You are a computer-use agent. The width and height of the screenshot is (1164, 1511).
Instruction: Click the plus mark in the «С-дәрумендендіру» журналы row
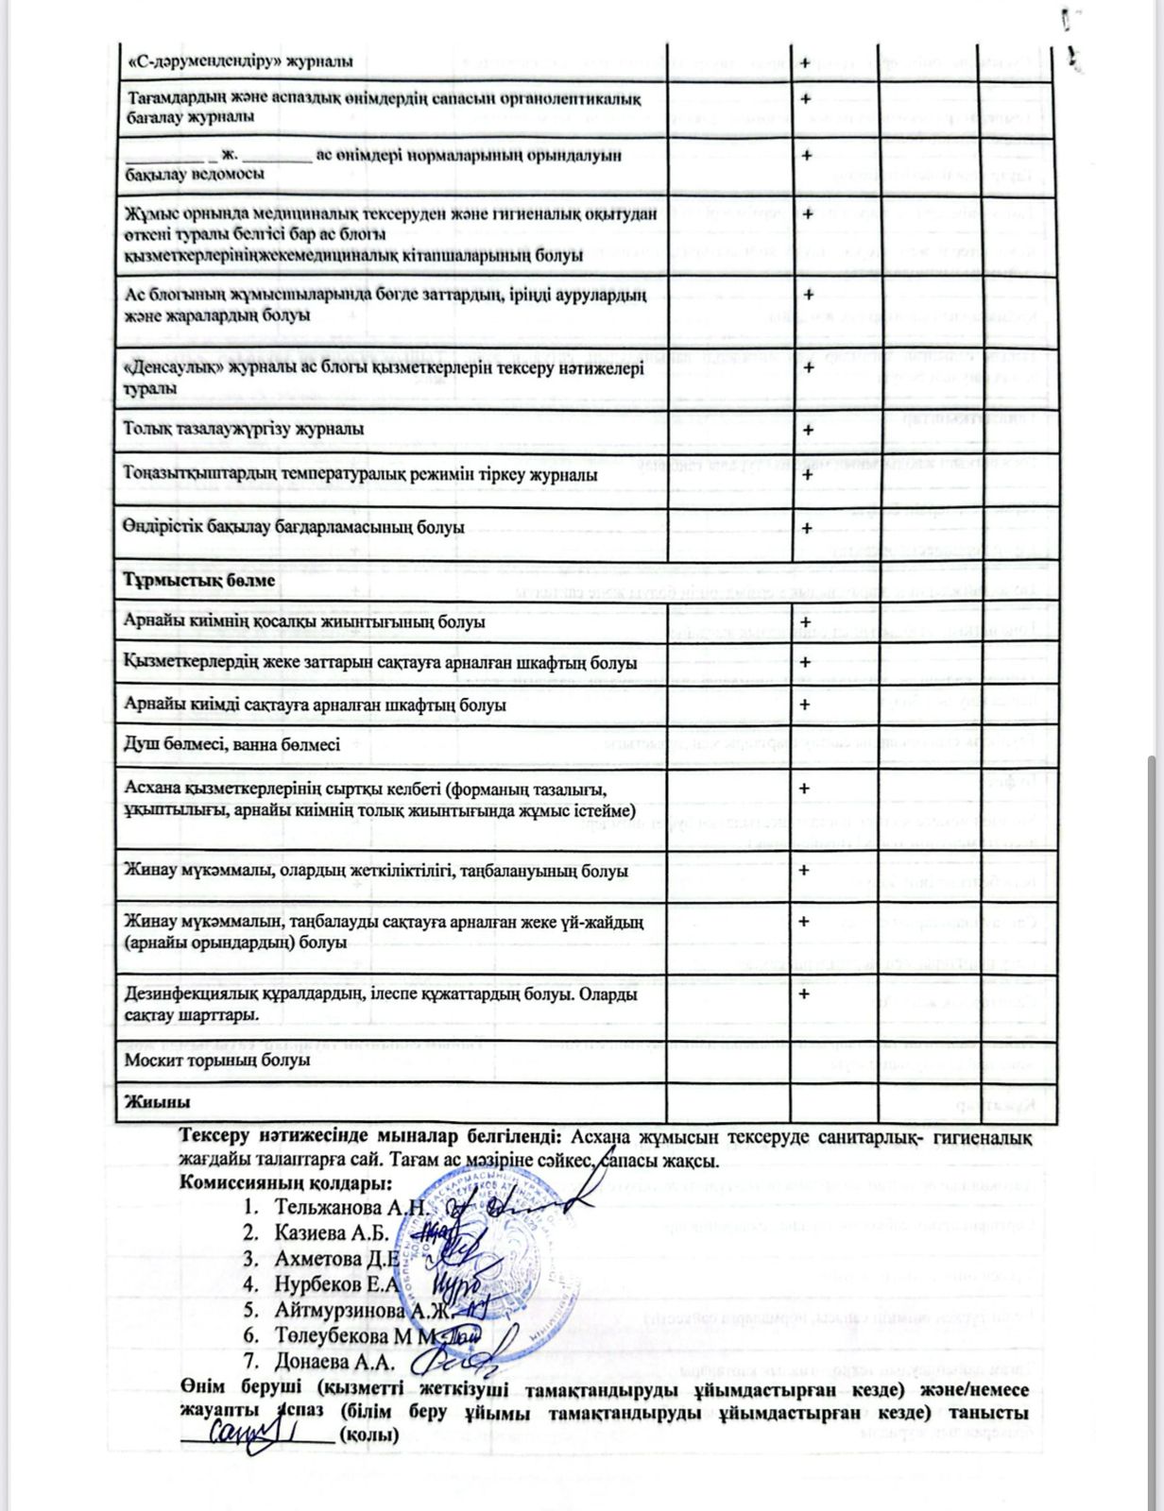coord(805,62)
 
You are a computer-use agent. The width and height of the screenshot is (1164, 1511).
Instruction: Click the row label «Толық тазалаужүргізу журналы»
coord(244,429)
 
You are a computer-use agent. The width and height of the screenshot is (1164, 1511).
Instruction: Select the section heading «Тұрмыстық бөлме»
coord(199,580)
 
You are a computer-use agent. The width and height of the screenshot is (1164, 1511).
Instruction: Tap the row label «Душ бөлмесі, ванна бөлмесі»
coord(231,745)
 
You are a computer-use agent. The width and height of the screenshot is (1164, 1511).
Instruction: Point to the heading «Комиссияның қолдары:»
coord(285,1183)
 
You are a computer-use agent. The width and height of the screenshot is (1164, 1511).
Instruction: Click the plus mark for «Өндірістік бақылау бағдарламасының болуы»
coord(806,528)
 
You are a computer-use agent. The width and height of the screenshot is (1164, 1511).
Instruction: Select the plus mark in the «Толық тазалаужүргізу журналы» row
coord(806,431)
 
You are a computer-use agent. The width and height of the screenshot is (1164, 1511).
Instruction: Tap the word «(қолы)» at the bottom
coord(368,1435)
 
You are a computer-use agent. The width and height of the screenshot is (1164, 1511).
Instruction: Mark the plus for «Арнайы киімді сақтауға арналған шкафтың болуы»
coord(805,705)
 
